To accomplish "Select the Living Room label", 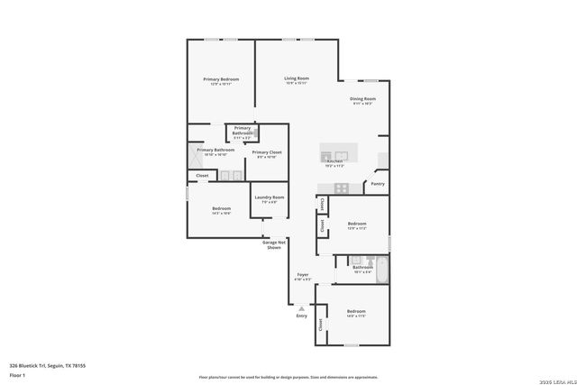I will [x=298, y=79].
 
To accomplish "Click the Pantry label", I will [x=377, y=184].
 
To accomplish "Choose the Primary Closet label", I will [x=267, y=152].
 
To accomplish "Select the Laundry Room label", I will [x=269, y=197].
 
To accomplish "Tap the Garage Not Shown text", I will [x=274, y=244].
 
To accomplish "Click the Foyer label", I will [x=303, y=274].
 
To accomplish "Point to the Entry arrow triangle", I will [x=302, y=308].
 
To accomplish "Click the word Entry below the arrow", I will [x=301, y=316].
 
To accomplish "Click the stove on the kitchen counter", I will [x=342, y=188].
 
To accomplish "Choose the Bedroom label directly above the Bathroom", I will [x=357, y=224].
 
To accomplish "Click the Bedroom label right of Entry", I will [x=355, y=312].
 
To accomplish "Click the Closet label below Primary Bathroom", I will [x=202, y=176].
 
